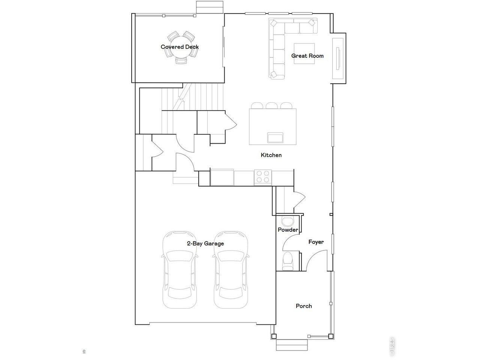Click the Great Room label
coord(307,56)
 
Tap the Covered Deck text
coord(180,47)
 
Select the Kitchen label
coord(271,155)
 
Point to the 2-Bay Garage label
coord(205,243)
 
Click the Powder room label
coord(288,230)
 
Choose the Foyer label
coord(316,242)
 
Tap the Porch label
coord(304,306)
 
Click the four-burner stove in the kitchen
coord(263,176)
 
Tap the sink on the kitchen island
coord(275,137)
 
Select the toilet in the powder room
coord(288,261)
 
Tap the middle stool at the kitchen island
coord(271,106)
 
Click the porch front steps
coord(293,345)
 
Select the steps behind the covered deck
coord(210,6)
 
